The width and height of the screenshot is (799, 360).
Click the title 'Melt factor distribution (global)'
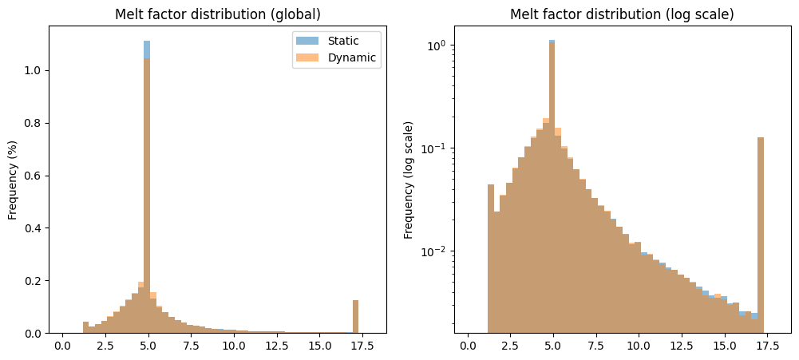(x=218, y=15)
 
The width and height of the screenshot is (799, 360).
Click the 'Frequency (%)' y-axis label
(x=13, y=180)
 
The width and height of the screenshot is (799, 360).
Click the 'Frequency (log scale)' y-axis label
(x=409, y=180)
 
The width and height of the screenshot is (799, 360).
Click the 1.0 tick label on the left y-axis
(x=34, y=70)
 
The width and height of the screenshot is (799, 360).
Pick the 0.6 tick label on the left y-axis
(x=34, y=176)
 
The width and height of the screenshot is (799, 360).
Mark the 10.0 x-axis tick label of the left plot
(x=233, y=347)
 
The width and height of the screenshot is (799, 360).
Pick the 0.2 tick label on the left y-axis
(x=34, y=281)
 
